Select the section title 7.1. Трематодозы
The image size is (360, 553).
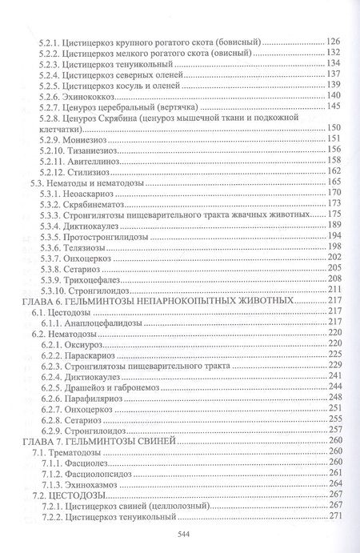pyautogui.click(x=76, y=452)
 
